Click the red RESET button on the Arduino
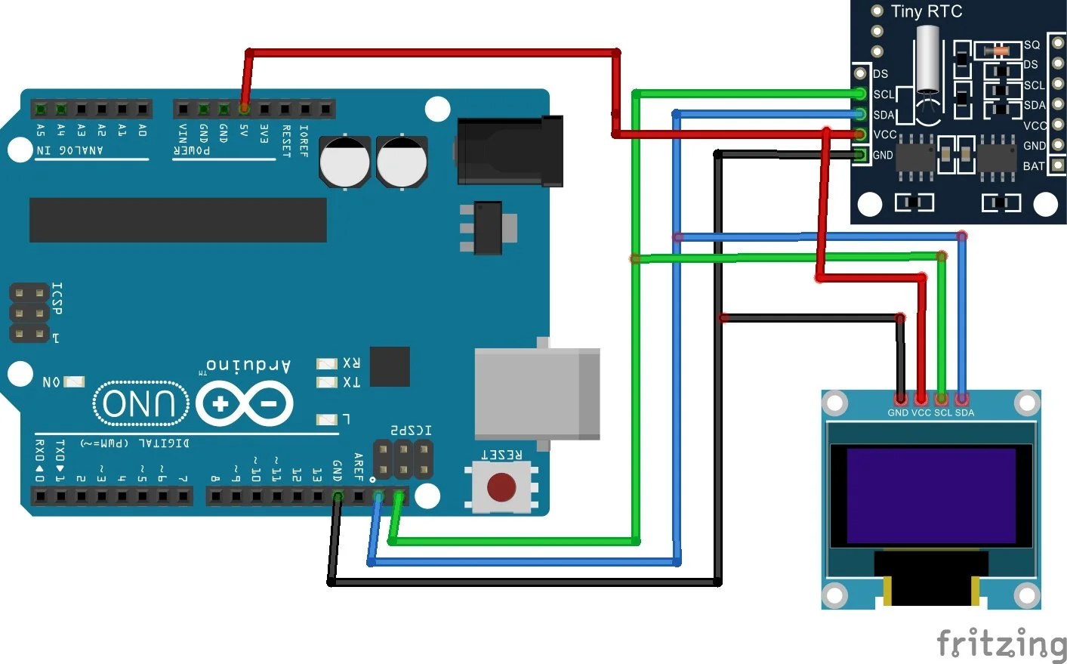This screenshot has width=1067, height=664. point(501,487)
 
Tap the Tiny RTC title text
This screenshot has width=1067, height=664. point(926,11)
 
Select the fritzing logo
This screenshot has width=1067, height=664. point(1001,643)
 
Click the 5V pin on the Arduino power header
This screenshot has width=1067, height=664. point(244,109)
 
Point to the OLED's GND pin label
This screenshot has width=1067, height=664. point(898,412)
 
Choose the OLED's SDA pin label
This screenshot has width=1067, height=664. point(964,412)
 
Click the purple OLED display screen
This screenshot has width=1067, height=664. point(931,496)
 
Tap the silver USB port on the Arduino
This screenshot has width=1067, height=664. point(536,393)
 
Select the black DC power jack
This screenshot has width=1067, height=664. point(510,151)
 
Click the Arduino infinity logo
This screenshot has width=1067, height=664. point(244,403)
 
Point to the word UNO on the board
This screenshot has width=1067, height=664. point(140,403)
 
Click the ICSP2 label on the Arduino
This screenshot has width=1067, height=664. point(411,431)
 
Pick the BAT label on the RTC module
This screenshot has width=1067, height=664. point(1033,166)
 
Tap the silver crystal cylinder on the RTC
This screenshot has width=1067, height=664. point(927,60)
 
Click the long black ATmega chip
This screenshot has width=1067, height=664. point(177,220)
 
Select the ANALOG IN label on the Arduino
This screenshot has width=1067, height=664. point(70,150)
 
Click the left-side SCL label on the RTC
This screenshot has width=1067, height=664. point(884,94)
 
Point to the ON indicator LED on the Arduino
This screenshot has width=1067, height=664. point(74,381)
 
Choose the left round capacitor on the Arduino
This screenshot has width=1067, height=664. point(344,162)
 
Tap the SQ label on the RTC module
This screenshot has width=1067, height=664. point(1032,45)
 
